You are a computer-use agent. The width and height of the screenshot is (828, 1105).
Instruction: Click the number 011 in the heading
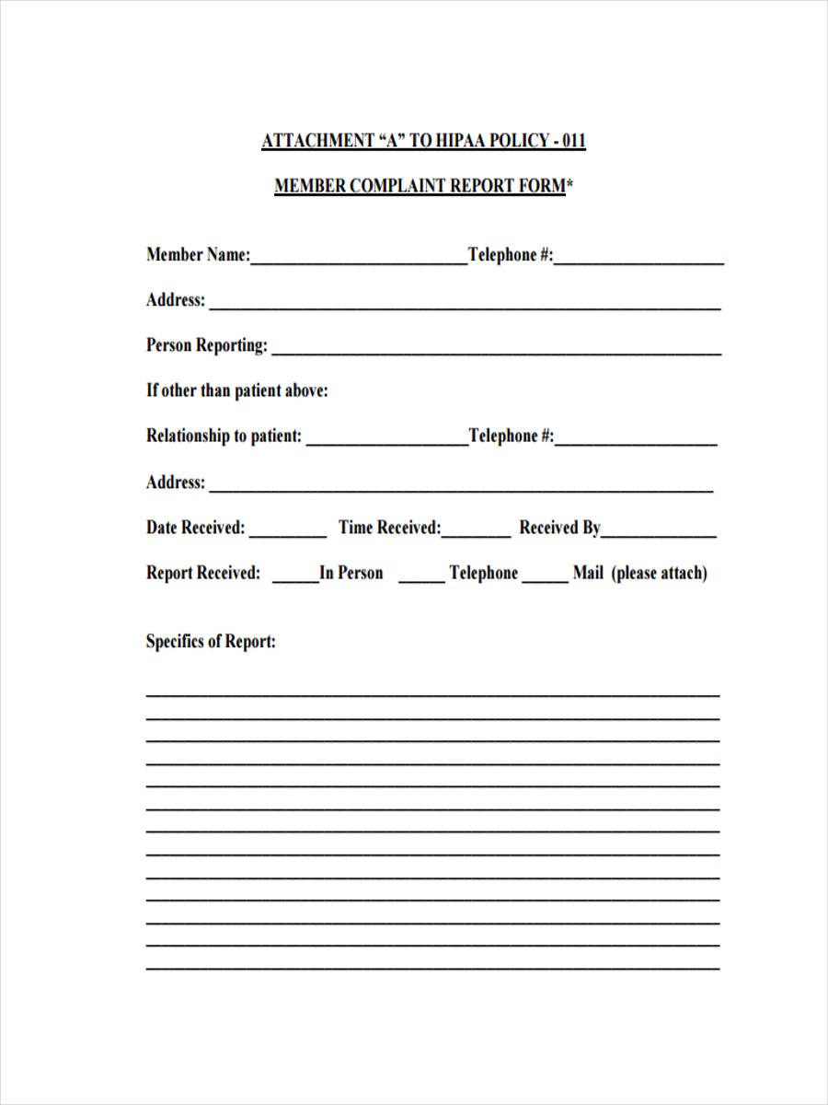click(x=571, y=141)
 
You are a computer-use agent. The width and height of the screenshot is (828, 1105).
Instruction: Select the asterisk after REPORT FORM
click(x=569, y=184)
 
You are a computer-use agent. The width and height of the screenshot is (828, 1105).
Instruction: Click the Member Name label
click(x=198, y=255)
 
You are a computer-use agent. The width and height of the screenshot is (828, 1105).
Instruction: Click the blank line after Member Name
click(x=359, y=262)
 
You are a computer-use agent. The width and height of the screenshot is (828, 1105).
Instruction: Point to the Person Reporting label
click(x=207, y=345)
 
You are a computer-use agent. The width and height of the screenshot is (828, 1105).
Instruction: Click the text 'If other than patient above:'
click(x=237, y=390)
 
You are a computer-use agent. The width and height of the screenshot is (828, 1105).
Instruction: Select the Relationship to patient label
click(x=224, y=436)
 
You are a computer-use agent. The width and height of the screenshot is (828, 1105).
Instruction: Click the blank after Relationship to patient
click(x=386, y=443)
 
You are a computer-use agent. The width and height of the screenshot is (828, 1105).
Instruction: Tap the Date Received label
click(x=196, y=528)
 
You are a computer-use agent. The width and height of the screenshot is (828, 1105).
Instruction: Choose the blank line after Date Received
click(x=287, y=534)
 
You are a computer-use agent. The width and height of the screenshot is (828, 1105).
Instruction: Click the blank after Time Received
click(x=477, y=534)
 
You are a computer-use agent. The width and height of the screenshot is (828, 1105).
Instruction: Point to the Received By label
click(x=559, y=528)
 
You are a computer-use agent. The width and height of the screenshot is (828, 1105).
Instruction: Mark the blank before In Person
click(x=295, y=579)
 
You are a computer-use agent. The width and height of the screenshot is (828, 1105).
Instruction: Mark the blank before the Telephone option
click(x=421, y=579)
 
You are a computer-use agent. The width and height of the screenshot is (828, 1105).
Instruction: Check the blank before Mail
click(x=546, y=579)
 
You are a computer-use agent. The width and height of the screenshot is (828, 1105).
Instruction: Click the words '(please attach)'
click(x=660, y=573)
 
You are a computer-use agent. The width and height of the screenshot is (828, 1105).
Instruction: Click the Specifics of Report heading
click(x=211, y=642)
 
